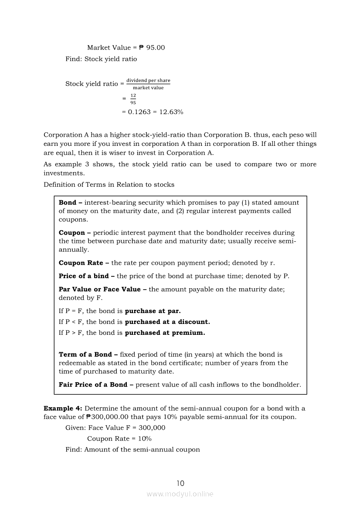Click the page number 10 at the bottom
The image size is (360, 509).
[180, 483]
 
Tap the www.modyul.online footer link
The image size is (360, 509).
[180, 494]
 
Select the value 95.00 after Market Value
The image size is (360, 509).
[156, 47]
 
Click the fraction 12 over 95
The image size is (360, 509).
[133, 99]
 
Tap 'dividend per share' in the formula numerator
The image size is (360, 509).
[148, 81]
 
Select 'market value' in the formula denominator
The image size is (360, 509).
[148, 88]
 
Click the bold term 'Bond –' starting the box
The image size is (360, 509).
[70, 202]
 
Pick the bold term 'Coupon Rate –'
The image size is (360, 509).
[84, 263]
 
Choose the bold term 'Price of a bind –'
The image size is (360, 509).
[87, 276]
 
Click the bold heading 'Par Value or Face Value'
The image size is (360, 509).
[100, 289]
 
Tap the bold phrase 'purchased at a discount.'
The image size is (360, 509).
[167, 322]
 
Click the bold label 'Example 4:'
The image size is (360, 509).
[63, 408]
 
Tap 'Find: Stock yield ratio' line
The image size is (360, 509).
[101, 59]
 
